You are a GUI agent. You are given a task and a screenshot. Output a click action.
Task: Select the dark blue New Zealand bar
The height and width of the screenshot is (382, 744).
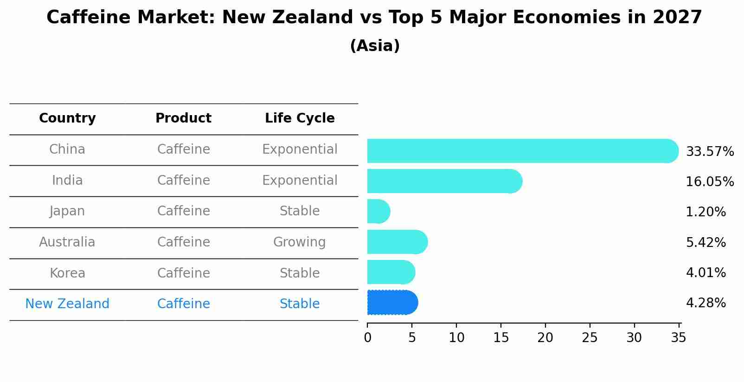[392, 303]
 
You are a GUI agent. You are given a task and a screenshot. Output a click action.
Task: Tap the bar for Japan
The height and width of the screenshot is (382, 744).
[378, 212]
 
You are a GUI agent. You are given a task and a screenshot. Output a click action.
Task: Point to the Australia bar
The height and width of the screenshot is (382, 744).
[397, 242]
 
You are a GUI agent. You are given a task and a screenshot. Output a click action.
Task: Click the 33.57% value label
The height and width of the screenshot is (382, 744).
[710, 152]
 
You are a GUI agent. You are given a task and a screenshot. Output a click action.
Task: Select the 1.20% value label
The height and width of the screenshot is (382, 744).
[706, 212]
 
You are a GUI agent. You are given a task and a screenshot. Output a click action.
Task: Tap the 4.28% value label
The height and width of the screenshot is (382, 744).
[706, 303]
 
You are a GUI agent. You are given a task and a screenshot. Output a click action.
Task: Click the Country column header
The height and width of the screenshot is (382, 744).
[67, 118]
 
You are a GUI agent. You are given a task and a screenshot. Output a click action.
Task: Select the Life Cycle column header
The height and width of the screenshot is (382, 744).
[300, 118]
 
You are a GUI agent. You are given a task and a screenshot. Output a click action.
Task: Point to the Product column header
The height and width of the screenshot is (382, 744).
[183, 118]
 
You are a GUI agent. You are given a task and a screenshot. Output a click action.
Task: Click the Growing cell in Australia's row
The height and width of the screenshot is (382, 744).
[300, 242]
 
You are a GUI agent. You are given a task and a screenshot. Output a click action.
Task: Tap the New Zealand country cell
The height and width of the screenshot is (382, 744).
[67, 304]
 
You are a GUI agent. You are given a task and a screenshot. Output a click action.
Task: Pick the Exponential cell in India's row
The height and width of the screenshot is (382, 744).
[300, 181]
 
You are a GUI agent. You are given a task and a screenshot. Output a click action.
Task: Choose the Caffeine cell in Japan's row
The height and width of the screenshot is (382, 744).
[183, 211]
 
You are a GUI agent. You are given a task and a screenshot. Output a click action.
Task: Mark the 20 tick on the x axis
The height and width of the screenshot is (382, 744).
[545, 338]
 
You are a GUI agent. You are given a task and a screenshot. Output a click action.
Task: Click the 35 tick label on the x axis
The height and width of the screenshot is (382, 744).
[678, 338]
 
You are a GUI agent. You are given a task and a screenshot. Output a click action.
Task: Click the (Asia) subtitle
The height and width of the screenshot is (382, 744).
[375, 46]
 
